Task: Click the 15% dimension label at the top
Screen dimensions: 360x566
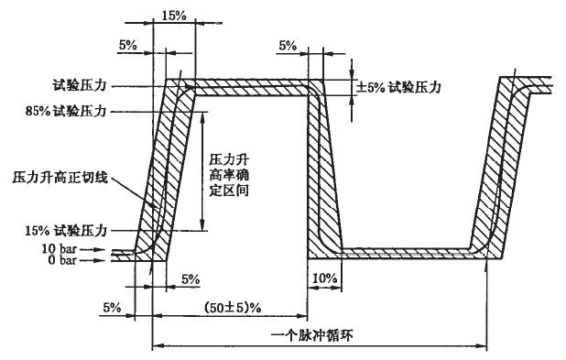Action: [173, 16]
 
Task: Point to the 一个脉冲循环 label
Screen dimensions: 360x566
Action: [320, 334]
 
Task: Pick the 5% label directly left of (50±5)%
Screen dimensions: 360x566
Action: [112, 306]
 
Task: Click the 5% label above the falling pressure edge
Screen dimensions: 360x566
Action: [288, 45]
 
